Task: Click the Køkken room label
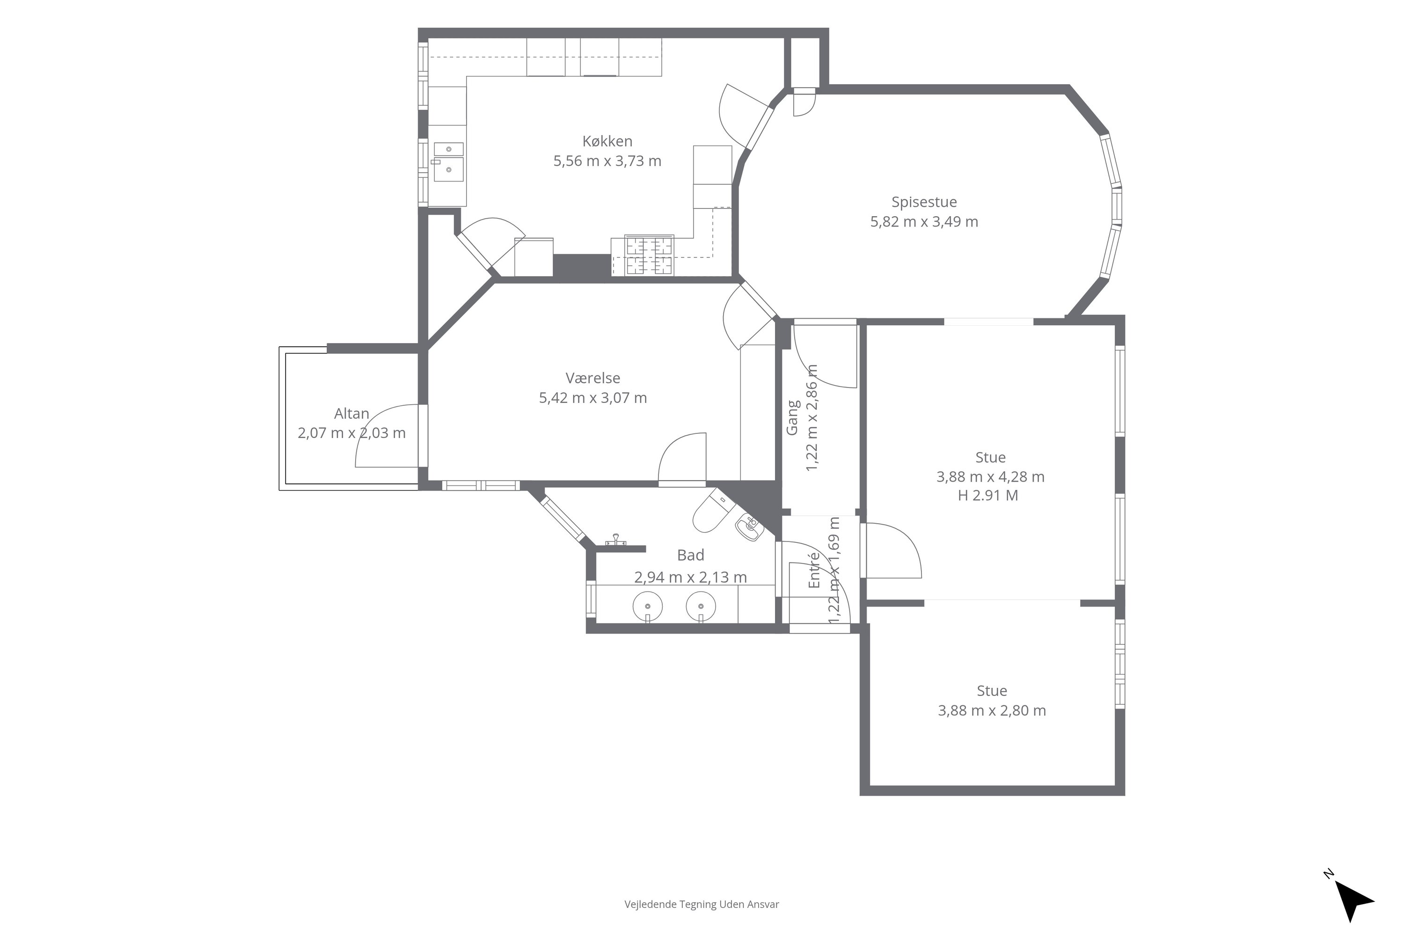point(607,141)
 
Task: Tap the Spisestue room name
point(924,202)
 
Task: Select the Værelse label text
point(593,378)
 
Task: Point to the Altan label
point(351,413)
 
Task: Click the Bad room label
point(691,555)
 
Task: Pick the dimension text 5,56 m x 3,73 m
point(607,161)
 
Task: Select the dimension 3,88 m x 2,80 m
point(992,710)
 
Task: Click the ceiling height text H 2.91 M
point(988,496)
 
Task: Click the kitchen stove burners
point(649,256)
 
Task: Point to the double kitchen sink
point(448,161)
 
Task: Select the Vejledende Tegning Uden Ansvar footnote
point(702,904)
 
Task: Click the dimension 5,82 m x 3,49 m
point(924,222)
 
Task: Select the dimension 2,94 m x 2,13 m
point(691,577)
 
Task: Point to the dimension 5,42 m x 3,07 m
point(593,397)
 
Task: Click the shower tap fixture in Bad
point(615,540)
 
